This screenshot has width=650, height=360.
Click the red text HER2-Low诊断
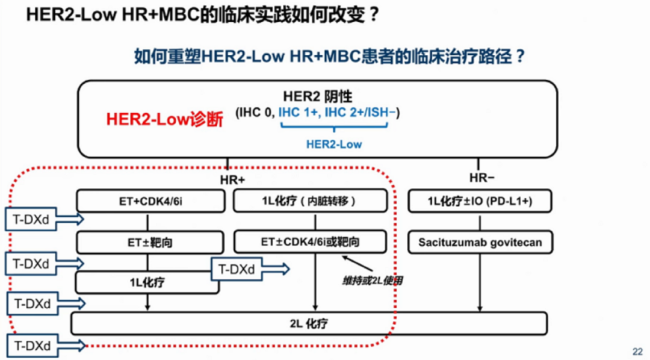(x=164, y=119)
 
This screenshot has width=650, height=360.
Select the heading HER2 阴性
(x=317, y=96)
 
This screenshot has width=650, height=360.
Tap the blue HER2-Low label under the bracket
(x=334, y=144)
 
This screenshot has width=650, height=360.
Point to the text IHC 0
(x=256, y=113)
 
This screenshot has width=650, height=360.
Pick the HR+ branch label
(x=232, y=179)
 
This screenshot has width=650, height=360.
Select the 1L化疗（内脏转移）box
(x=309, y=202)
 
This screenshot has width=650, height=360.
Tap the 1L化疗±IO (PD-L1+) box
(x=480, y=202)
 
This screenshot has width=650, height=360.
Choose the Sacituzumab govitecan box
(x=480, y=243)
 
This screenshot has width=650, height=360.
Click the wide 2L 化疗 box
(x=309, y=324)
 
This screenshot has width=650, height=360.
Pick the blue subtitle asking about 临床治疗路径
(x=330, y=57)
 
